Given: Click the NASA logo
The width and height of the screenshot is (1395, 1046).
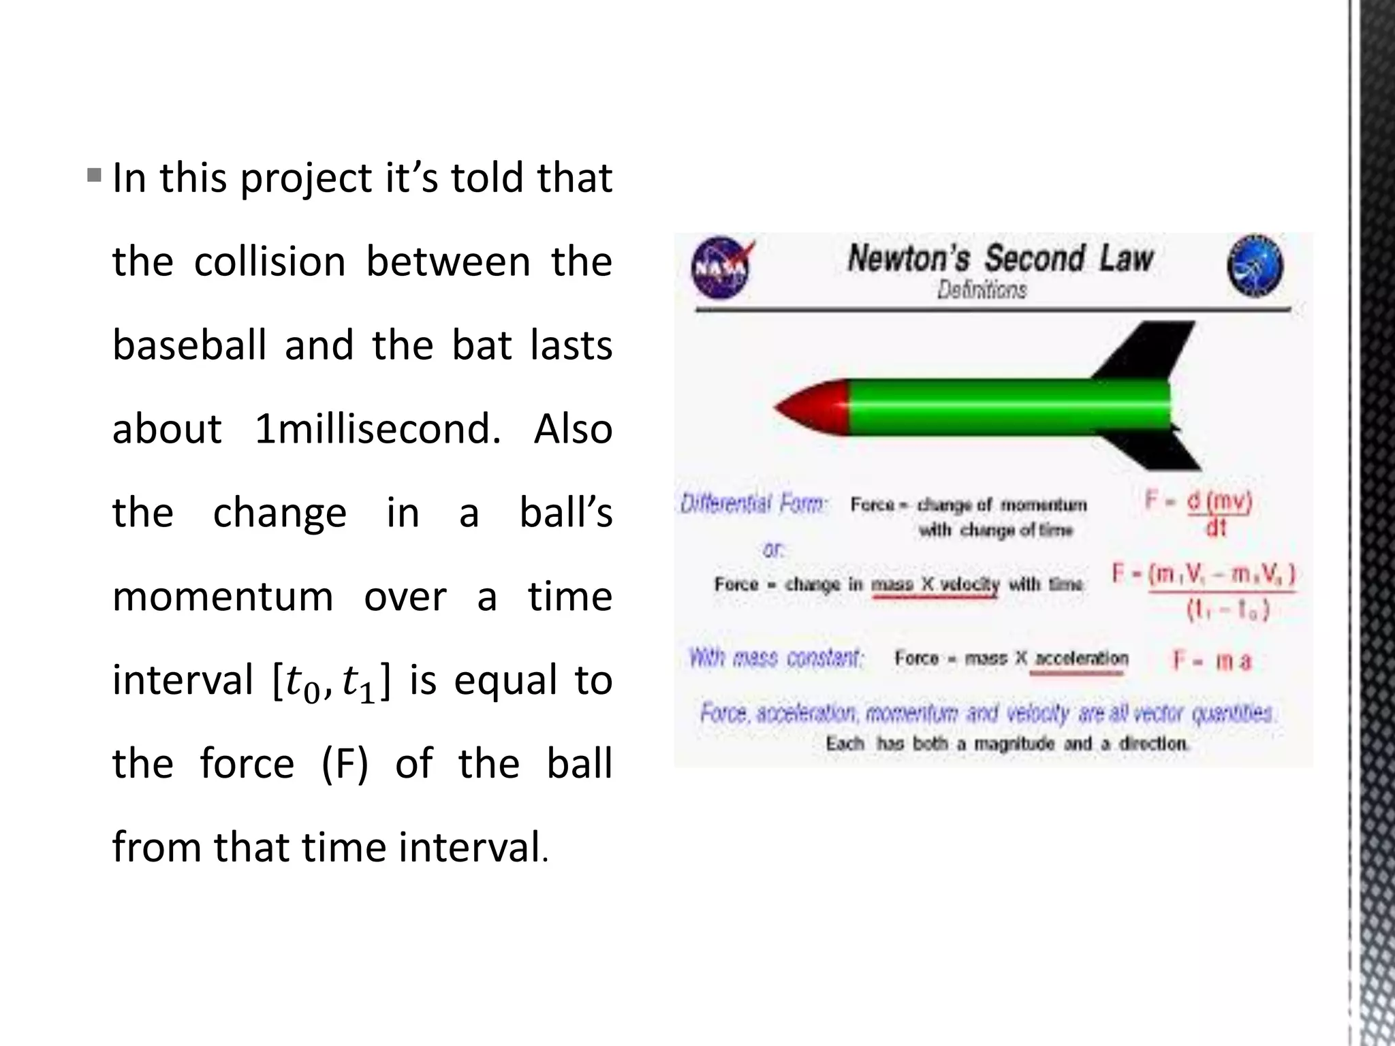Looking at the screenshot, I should (x=721, y=267).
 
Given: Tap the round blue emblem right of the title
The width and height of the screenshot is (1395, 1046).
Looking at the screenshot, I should (x=1255, y=266).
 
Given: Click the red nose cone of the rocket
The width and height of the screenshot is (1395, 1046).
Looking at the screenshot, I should (x=812, y=407).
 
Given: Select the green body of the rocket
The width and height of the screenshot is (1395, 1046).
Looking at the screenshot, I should (x=1008, y=407).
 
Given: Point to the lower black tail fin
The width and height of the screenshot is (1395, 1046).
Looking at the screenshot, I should (x=1158, y=449).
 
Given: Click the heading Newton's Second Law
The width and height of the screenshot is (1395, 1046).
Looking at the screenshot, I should (x=1000, y=259).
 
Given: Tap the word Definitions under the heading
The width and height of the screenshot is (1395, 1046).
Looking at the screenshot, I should (x=982, y=291).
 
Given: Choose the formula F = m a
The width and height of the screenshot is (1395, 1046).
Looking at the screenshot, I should (x=1212, y=660).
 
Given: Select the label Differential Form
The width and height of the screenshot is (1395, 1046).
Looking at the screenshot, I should (x=753, y=504).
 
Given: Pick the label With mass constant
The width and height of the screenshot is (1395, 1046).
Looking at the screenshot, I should (x=777, y=658).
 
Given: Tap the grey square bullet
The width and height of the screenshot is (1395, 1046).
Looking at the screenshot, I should (x=94, y=176).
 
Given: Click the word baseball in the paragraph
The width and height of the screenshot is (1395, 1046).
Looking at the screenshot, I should (x=189, y=345).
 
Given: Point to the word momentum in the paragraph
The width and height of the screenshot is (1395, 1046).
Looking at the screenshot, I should (x=223, y=597).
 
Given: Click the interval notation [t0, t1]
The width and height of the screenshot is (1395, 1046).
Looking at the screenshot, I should (x=332, y=682).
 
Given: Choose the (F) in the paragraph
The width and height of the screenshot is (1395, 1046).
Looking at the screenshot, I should (x=345, y=764).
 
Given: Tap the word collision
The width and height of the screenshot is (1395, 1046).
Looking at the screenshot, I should (x=270, y=261).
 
